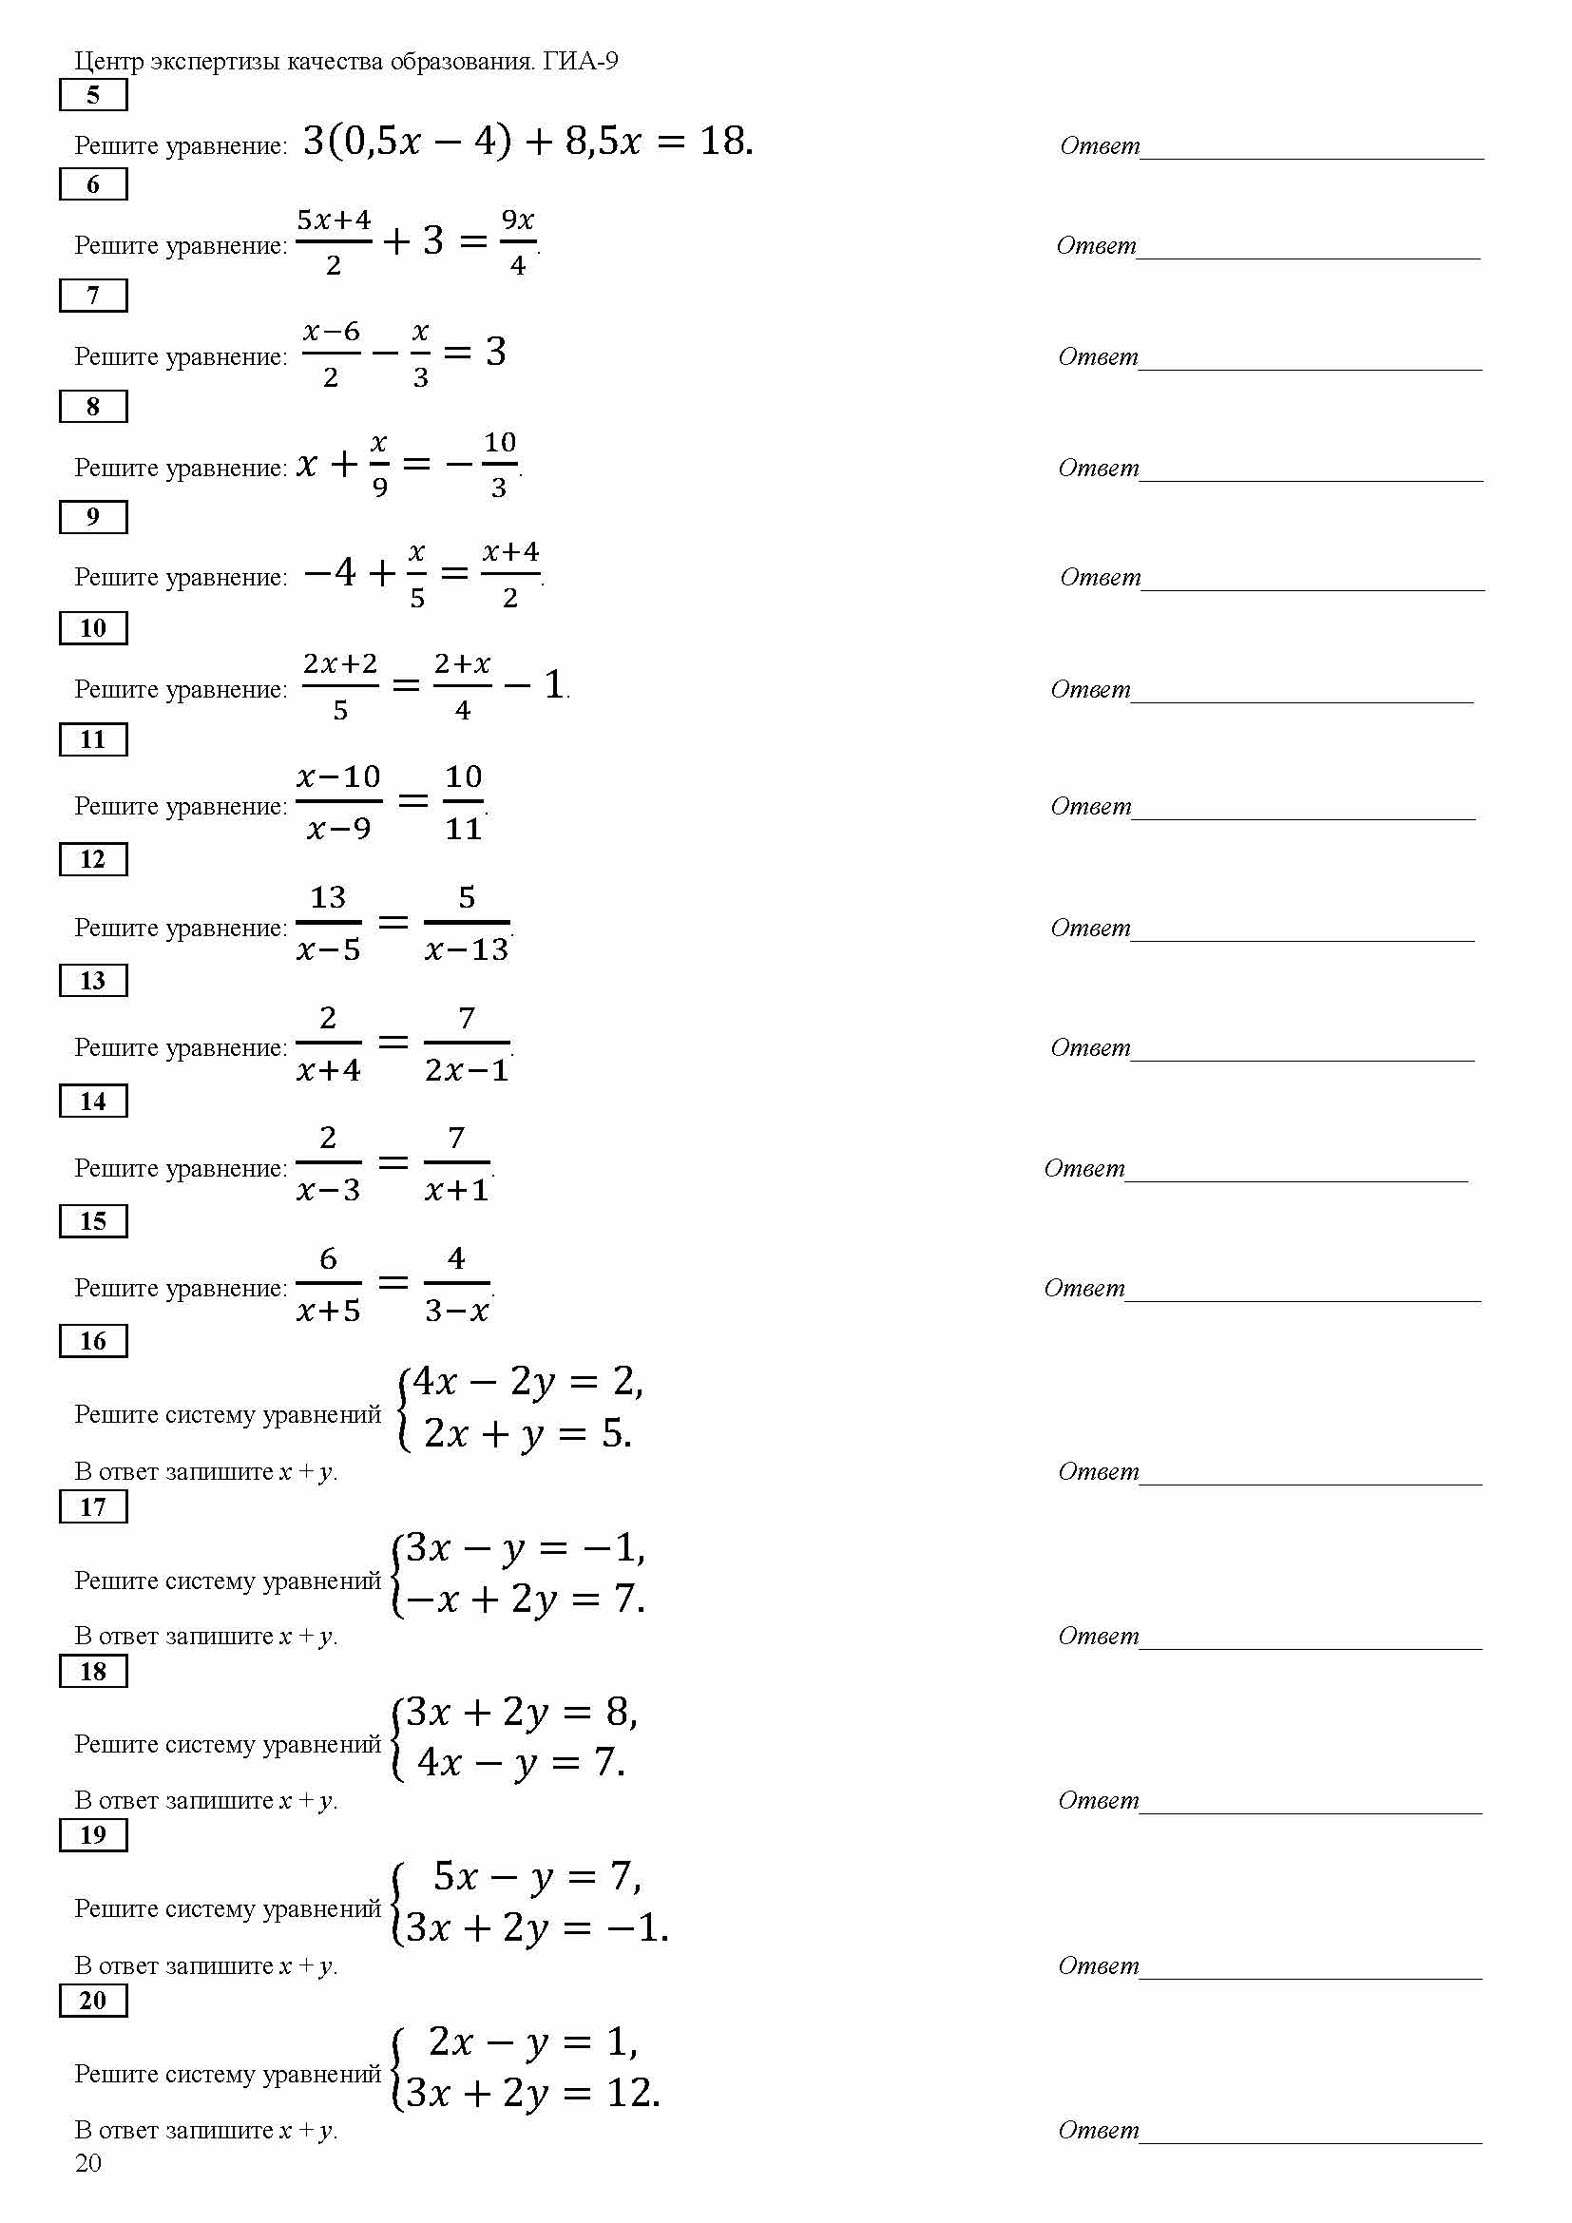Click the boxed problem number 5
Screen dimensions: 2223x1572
pyautogui.click(x=93, y=95)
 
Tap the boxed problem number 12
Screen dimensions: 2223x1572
pyautogui.click(x=93, y=859)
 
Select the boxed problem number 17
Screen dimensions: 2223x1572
pyautogui.click(x=93, y=1506)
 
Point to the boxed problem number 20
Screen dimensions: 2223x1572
pyautogui.click(x=93, y=2001)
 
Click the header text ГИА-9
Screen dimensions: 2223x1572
pyautogui.click(x=580, y=61)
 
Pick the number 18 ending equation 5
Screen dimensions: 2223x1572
pyautogui.click(x=721, y=142)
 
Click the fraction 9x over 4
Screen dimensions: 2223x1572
pyautogui.click(x=518, y=242)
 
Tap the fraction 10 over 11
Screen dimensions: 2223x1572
pyautogui.click(x=464, y=803)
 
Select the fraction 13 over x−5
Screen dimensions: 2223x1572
pyautogui.click(x=328, y=924)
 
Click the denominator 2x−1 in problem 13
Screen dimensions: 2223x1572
pyautogui.click(x=467, y=1070)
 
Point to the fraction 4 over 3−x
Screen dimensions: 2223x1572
pyautogui.click(x=457, y=1285)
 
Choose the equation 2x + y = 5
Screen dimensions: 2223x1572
pyautogui.click(x=527, y=1434)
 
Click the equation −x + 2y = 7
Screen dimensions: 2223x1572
pyautogui.click(x=525, y=1599)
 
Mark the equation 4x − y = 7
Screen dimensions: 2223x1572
pyautogui.click(x=521, y=1763)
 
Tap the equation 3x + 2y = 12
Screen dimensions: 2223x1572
pyautogui.click(x=532, y=2093)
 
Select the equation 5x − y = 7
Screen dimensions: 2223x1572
pyautogui.click(x=535, y=1877)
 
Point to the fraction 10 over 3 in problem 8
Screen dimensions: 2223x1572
pyautogui.click(x=499, y=465)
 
